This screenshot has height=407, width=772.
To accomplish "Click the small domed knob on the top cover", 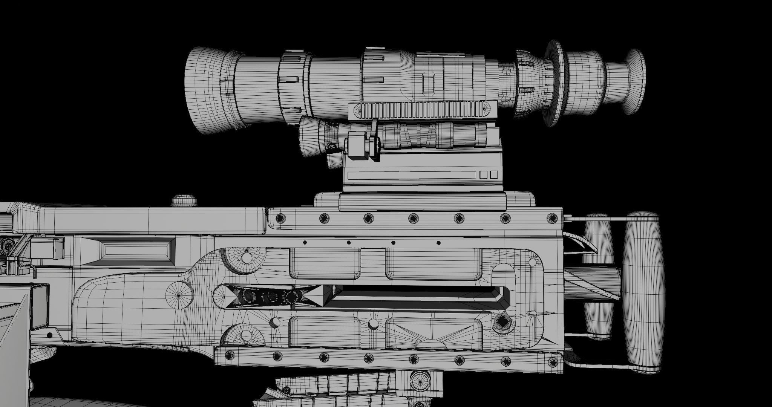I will pos(184,200).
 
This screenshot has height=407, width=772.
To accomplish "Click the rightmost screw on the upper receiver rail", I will pos(552,218).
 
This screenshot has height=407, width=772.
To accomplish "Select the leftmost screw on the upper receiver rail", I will pos(280,218).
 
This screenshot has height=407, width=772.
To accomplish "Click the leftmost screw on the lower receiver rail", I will pos(228,355).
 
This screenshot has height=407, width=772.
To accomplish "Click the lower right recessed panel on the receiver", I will pos(433,332).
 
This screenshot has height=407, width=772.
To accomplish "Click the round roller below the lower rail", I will pos(420,381).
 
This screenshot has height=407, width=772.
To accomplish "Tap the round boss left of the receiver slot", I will pos(179,295).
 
